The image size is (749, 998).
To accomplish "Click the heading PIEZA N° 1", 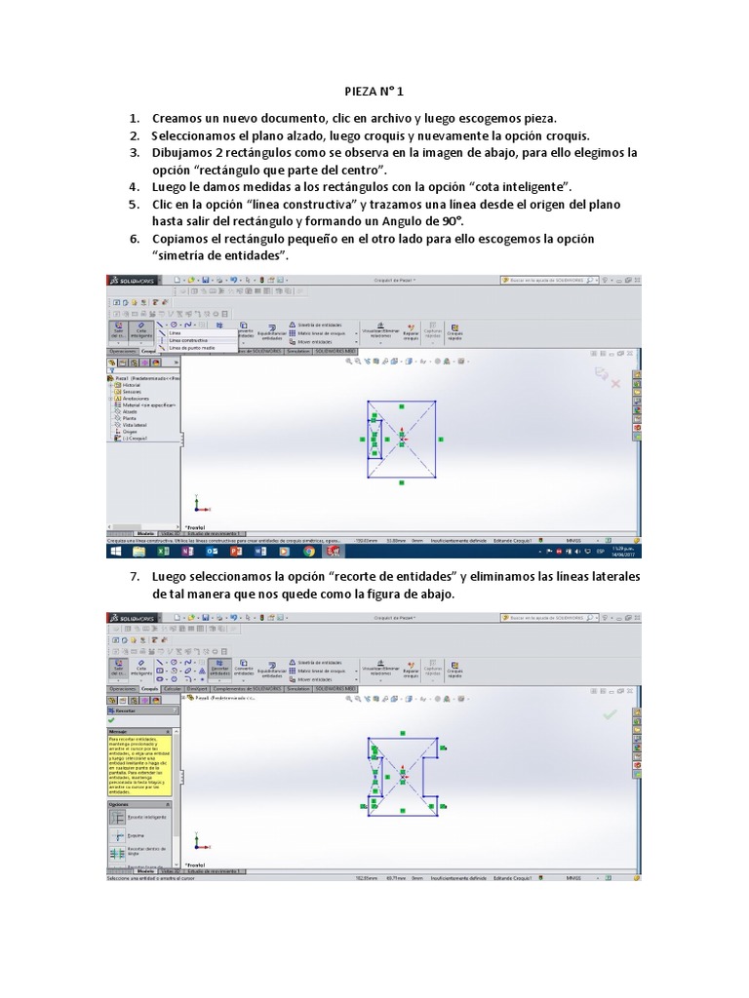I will (x=374, y=90).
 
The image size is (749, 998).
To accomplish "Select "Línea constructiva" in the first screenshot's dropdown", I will (x=188, y=340).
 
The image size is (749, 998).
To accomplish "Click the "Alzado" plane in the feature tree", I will (x=131, y=412).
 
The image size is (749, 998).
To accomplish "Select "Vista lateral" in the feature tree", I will (x=136, y=426).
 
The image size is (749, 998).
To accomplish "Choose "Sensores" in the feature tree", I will (x=133, y=392).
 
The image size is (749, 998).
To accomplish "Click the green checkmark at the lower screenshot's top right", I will (x=610, y=714).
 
